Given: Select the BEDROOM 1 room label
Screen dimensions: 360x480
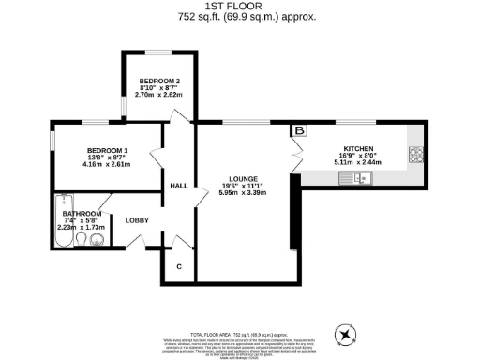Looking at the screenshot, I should coord(108,151).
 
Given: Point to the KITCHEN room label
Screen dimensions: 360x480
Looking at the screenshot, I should coord(359,149).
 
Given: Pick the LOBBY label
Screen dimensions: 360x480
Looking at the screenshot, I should coord(138,221).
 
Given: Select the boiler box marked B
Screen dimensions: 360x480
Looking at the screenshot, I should coord(300,131).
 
